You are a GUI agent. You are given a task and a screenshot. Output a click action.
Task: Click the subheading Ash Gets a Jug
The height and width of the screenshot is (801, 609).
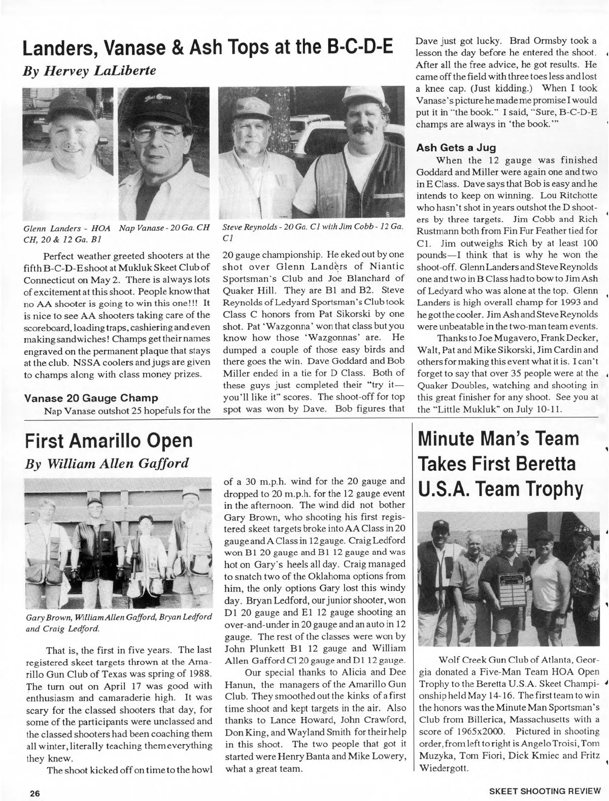click(x=456, y=148)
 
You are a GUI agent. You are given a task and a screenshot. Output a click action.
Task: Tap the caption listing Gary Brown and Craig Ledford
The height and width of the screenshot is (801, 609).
click(x=118, y=622)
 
